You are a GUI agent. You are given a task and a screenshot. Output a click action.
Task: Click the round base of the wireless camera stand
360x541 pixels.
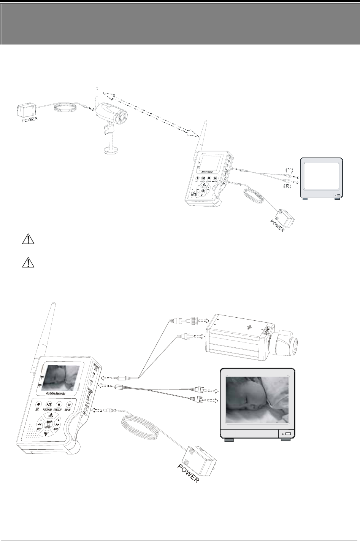click(111, 151)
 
